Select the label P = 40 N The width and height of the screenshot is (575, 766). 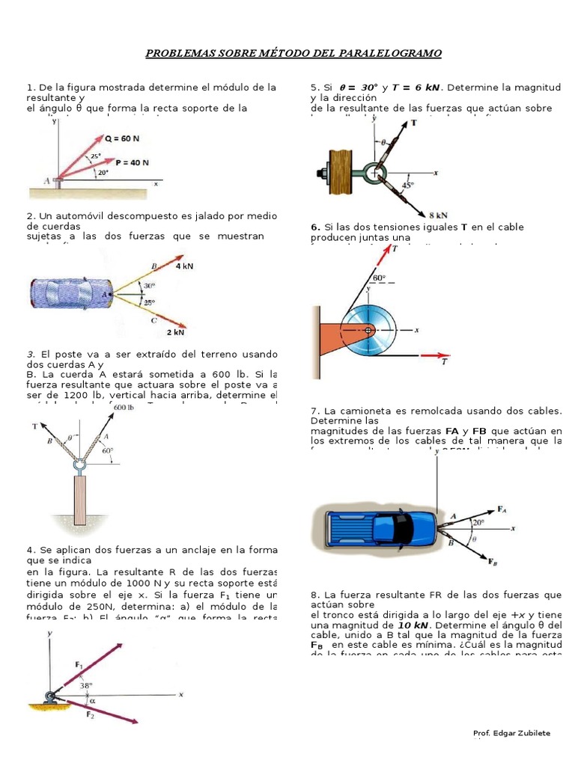(x=133, y=162)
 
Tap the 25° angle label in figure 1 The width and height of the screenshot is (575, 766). (x=96, y=156)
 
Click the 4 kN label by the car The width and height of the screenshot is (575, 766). (x=183, y=266)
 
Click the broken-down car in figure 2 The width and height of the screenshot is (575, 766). (x=70, y=293)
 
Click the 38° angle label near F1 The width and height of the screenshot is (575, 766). (x=86, y=684)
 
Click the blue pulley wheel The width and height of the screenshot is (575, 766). (x=369, y=330)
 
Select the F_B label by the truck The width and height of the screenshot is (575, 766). (x=493, y=561)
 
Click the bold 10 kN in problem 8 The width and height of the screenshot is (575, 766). (x=413, y=625)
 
